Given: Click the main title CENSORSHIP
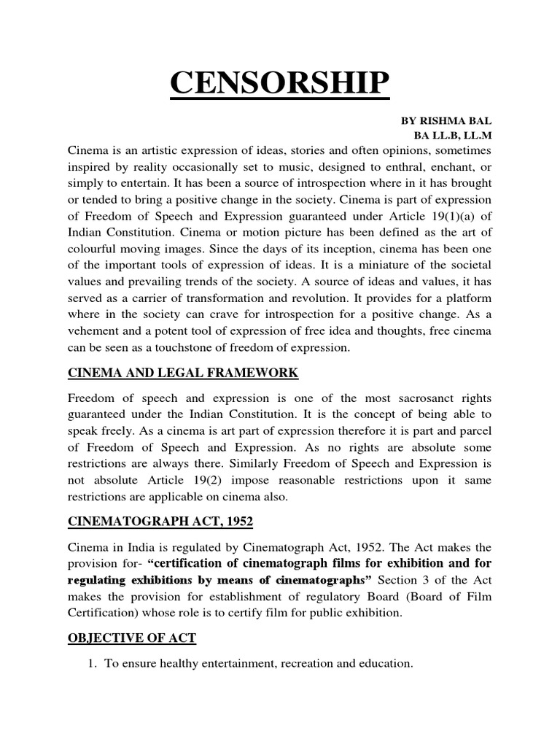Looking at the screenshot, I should click(280, 84).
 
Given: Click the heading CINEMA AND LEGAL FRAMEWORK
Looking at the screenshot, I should click(183, 373).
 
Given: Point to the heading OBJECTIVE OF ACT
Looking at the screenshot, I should click(132, 638).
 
